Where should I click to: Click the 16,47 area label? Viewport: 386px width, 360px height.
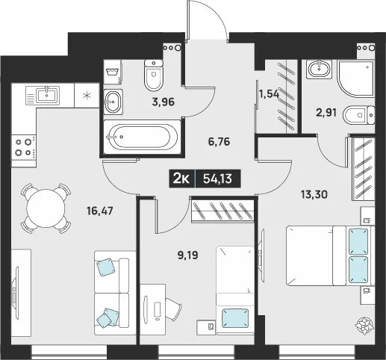[99, 211]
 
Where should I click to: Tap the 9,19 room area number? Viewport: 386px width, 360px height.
[188, 255]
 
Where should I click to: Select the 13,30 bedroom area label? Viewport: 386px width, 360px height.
[314, 194]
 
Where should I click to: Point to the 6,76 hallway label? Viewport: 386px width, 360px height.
[219, 142]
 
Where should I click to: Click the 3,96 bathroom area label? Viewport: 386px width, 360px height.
[164, 102]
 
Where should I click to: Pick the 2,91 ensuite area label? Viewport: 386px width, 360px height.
[326, 113]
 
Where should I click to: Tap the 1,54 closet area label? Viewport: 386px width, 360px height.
[269, 94]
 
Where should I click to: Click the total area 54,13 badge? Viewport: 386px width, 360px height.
[217, 179]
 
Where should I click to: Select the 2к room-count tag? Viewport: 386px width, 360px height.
[182, 179]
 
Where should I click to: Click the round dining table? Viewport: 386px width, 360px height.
[46, 208]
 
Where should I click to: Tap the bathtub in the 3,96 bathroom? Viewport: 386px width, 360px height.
[142, 137]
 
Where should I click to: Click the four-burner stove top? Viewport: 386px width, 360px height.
[24, 146]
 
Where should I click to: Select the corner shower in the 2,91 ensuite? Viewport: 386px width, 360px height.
[355, 78]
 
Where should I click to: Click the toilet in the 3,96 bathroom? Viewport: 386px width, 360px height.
[153, 75]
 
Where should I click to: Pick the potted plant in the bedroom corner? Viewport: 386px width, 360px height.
[364, 326]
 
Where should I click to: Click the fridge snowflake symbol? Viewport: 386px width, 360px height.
[87, 95]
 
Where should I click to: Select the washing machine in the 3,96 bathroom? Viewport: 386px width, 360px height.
[113, 72]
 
